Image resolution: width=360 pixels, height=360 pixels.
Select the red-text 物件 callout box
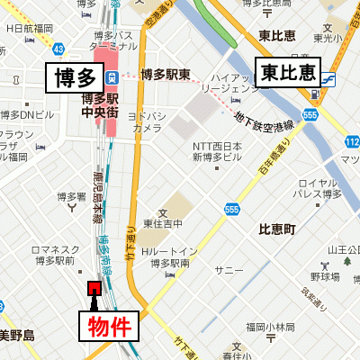point(114,327)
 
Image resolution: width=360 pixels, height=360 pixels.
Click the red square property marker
point(93,287)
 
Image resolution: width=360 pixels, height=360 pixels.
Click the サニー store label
point(229,269)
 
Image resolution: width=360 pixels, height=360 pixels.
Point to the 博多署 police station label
point(70,196)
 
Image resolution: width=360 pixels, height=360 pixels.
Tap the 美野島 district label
point(16,336)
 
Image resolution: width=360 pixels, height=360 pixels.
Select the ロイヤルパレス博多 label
point(319,186)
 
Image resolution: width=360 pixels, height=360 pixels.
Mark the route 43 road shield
point(58,47)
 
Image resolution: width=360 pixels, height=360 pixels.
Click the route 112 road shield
point(351,142)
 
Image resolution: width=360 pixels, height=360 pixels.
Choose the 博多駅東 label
point(166,75)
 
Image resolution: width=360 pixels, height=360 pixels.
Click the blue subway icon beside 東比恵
point(329,77)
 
